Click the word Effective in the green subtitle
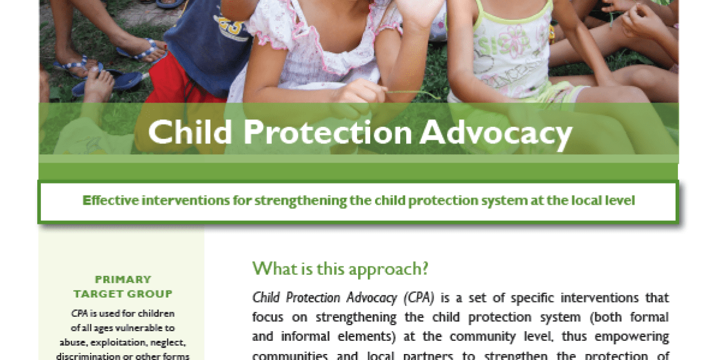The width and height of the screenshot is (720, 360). point(109,200)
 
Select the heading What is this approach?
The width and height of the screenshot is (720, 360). point(340,268)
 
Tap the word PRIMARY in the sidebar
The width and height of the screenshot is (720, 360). point(122,280)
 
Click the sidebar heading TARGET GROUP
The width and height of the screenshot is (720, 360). point(122,294)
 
